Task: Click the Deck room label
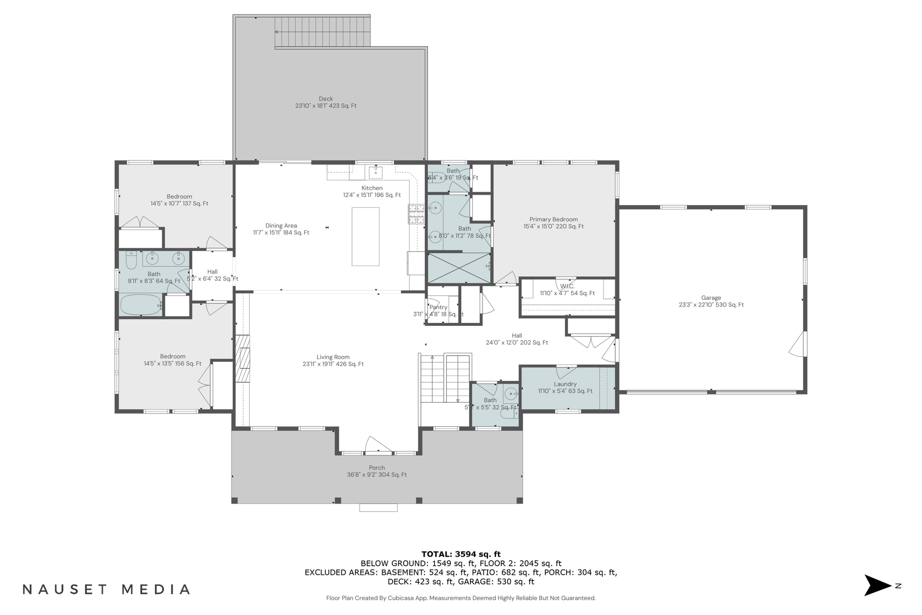tap(326, 99)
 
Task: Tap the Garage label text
tap(711, 298)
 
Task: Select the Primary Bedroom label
tap(553, 219)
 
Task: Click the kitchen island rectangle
tap(365, 236)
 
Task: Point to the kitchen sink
tap(375, 172)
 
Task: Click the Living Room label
tap(333, 357)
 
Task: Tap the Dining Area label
tap(281, 225)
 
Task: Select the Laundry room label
tap(565, 384)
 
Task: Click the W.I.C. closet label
tap(567, 286)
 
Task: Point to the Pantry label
tap(438, 307)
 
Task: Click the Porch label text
tap(376, 468)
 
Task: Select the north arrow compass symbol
tap(878, 585)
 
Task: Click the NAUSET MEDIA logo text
tap(107, 589)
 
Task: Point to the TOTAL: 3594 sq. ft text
tap(460, 554)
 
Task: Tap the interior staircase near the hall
tap(445, 379)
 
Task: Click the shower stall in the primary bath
tap(458, 268)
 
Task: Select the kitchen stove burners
tap(416, 214)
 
